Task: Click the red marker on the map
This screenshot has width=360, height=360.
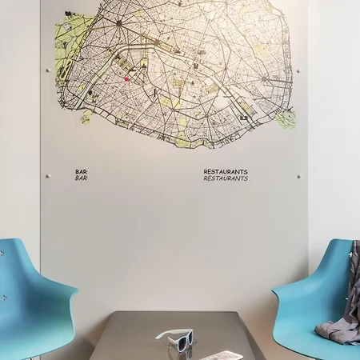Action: [126, 78]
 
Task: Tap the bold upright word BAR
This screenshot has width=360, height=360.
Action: [81, 171]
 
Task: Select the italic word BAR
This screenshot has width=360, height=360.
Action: [81, 178]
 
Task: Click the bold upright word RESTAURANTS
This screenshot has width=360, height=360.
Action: [226, 171]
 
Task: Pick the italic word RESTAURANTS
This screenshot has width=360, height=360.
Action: [226, 178]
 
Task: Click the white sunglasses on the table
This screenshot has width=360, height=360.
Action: [175, 339]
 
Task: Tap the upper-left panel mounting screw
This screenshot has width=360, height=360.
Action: [48, 70]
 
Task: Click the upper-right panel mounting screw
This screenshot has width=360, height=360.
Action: [298, 70]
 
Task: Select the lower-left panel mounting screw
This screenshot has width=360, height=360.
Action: [48, 176]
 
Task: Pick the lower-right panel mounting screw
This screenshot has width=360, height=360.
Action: [298, 176]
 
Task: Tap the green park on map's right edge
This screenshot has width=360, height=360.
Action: [286, 118]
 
